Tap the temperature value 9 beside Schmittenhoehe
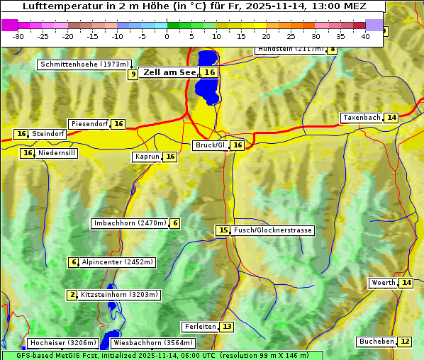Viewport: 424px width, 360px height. pyautogui.click(x=133, y=74)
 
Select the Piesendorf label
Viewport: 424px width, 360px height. pyautogui.click(x=89, y=124)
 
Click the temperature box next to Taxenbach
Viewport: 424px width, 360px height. pyautogui.click(x=391, y=118)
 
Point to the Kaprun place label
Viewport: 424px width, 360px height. pyautogui.click(x=147, y=157)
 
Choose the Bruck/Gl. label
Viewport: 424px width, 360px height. pyautogui.click(x=211, y=145)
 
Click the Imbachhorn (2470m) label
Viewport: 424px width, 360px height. pyautogui.click(x=130, y=223)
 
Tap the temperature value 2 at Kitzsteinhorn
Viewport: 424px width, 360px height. pyautogui.click(x=72, y=295)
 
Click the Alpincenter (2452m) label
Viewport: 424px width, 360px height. pyautogui.click(x=117, y=262)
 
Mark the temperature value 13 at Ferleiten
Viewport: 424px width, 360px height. pyautogui.click(x=226, y=327)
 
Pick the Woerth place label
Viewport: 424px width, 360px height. pyautogui.click(x=383, y=283)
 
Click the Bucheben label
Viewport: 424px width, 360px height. pyautogui.click(x=376, y=342)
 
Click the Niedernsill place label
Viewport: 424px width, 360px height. pyautogui.click(x=57, y=153)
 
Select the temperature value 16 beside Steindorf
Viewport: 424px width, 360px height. pyautogui.click(x=21, y=134)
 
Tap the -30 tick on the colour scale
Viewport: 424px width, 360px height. pyautogui.click(x=18, y=36)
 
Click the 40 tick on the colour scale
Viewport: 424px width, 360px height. pyautogui.click(x=365, y=36)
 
